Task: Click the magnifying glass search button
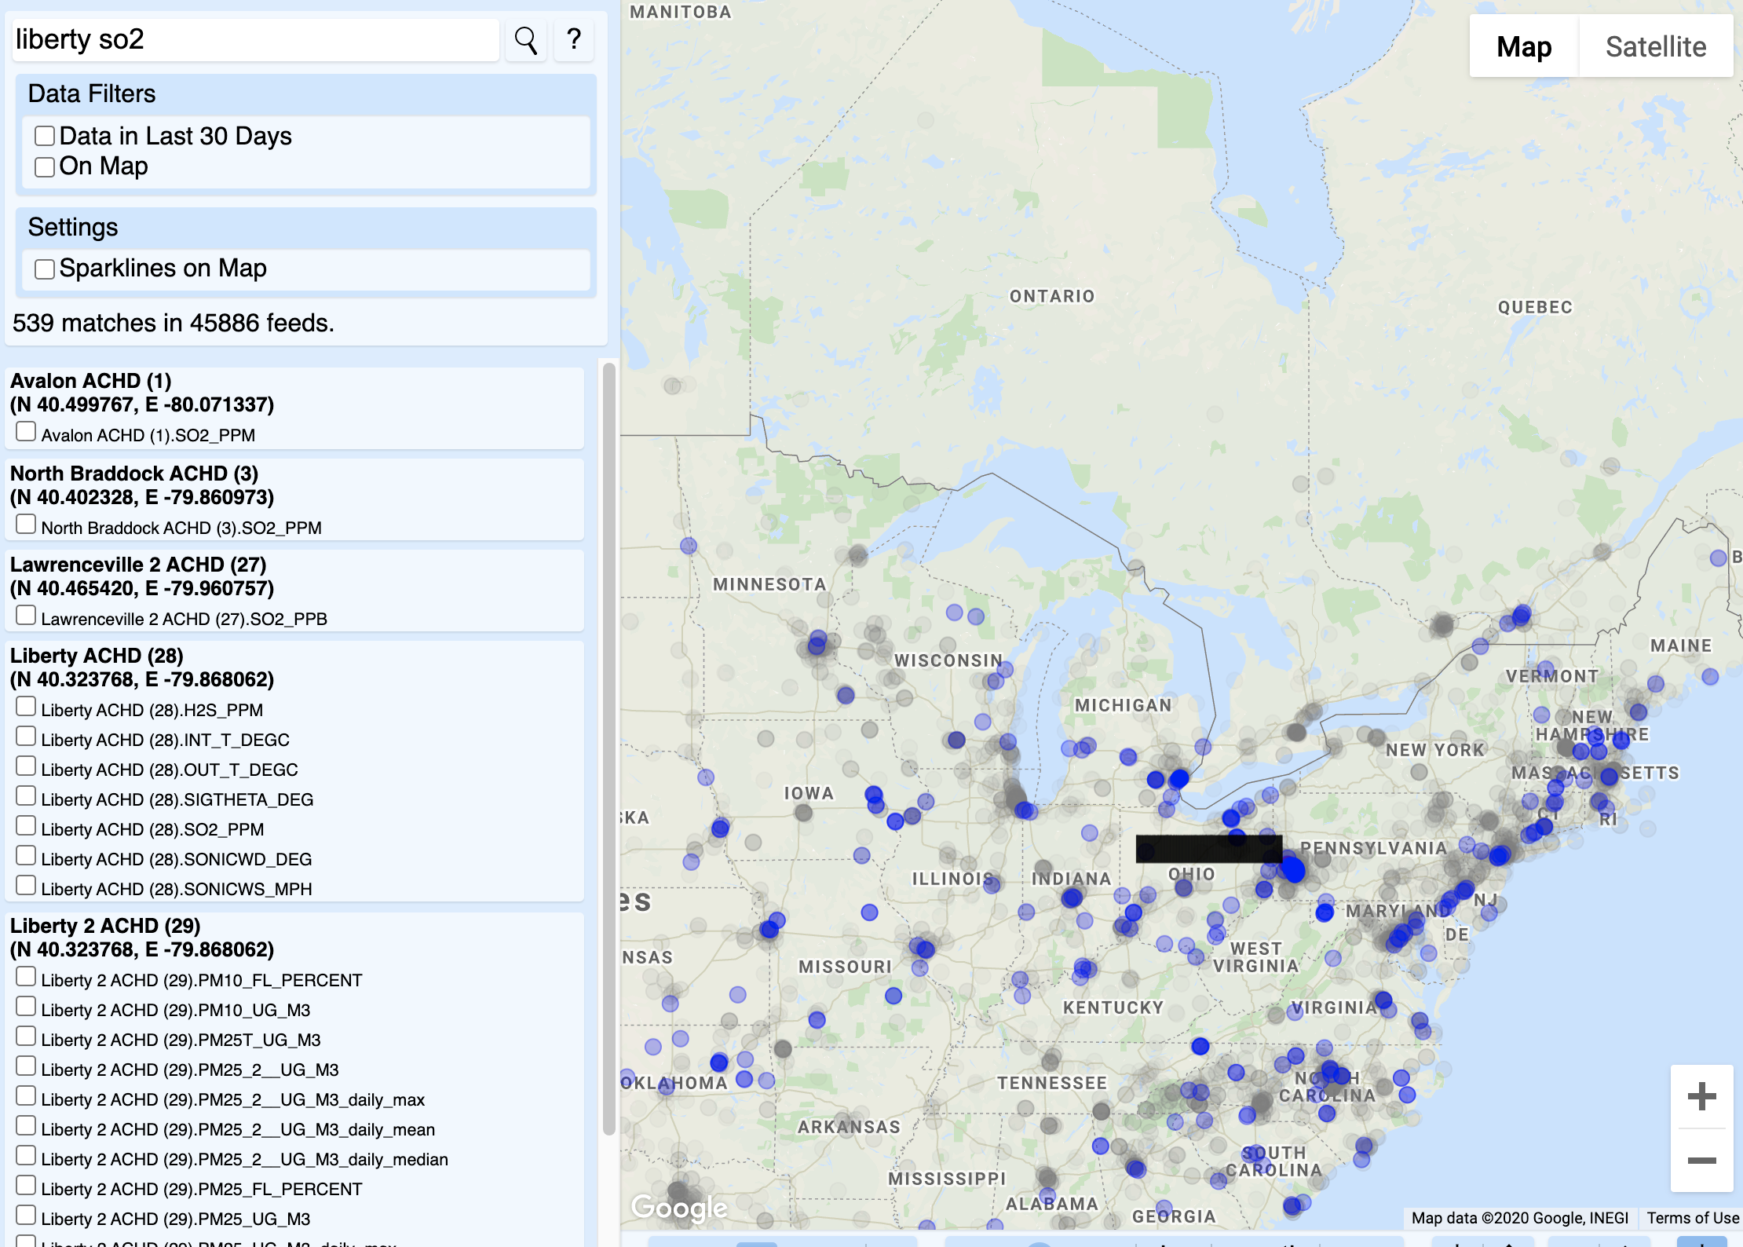tap(525, 40)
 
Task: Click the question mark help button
tap(574, 40)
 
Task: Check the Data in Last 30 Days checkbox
tap(45, 137)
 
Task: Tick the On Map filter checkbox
tap(45, 166)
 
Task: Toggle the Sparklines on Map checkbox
tap(45, 269)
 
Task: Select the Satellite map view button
tap(1655, 46)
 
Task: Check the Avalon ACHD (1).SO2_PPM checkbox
tap(26, 432)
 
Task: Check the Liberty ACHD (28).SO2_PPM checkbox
tap(26, 826)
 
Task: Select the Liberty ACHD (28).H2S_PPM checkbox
tap(26, 707)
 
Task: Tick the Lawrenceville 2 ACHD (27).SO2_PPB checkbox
tap(26, 616)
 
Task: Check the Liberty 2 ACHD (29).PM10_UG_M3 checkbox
tap(26, 1007)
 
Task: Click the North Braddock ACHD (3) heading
tap(134, 474)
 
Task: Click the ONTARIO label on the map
tap(1051, 296)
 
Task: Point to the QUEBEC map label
tap(1535, 307)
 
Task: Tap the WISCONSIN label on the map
tap(948, 660)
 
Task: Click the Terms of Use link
tap(1692, 1218)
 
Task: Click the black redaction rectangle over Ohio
tap(1208, 849)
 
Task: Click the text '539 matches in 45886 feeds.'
tap(174, 323)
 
